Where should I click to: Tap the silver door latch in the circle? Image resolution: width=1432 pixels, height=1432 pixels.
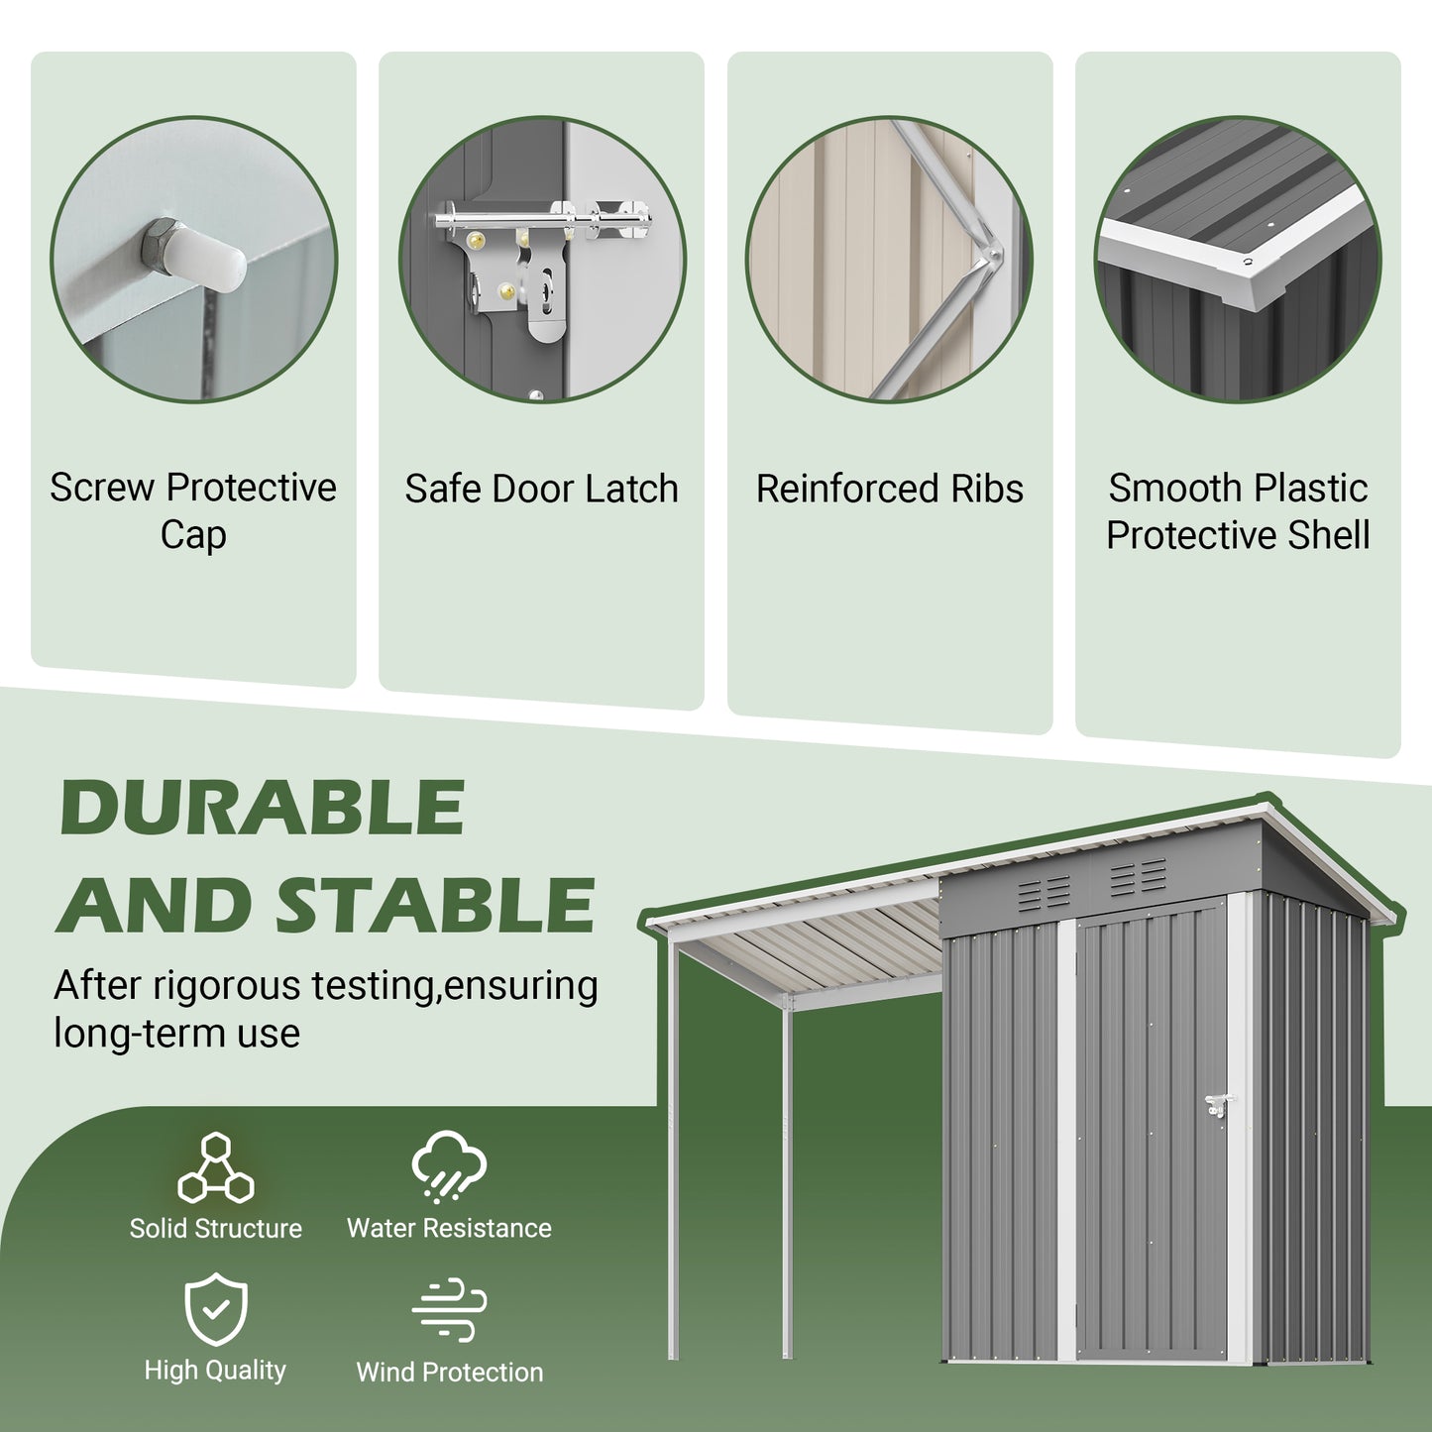tap(540, 258)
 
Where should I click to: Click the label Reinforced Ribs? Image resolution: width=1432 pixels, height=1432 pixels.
tap(889, 489)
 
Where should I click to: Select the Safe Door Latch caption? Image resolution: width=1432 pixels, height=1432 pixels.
tap(541, 489)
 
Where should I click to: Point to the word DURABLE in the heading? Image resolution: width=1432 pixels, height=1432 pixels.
tap(263, 808)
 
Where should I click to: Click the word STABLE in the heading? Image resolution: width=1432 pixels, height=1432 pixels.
tap(435, 906)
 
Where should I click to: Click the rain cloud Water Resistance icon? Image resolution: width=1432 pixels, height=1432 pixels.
tap(449, 1166)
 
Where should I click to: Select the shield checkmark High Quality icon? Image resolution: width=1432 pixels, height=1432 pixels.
tap(216, 1310)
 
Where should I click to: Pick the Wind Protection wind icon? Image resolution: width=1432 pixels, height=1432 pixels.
tap(449, 1310)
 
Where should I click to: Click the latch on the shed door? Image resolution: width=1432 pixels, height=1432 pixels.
tap(1218, 1106)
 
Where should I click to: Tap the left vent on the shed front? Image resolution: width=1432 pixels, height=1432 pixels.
tap(1045, 893)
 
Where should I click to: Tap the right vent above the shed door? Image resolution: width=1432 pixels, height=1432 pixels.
tap(1138, 878)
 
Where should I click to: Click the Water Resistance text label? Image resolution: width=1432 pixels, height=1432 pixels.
tap(449, 1228)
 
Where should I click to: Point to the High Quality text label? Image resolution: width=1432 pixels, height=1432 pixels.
tap(215, 1371)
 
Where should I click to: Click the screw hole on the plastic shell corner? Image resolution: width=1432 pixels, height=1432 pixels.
tap(1249, 262)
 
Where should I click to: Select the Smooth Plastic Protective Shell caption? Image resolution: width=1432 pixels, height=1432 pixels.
tap(1238, 511)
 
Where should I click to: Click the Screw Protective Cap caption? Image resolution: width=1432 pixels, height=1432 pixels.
tap(193, 511)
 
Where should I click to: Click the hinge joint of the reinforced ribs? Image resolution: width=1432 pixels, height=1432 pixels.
tap(988, 259)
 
